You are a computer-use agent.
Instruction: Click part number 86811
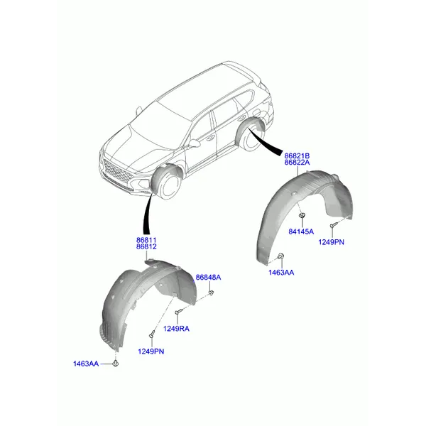146,240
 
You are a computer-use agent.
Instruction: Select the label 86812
146,246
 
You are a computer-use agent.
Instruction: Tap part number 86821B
297,156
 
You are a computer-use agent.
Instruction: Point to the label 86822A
297,163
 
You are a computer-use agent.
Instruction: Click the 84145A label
301,231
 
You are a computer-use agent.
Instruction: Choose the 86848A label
208,278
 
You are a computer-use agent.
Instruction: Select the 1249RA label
176,329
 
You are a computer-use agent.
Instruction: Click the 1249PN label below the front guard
151,351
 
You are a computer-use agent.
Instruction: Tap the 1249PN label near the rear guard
331,242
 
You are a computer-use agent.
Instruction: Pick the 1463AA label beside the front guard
86,364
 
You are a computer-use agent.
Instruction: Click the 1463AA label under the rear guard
281,273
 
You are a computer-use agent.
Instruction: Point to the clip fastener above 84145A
302,215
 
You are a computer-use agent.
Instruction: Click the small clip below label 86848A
211,293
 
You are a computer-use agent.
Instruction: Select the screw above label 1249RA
179,311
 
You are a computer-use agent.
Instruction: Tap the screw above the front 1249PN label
152,334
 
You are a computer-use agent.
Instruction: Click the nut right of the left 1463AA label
116,364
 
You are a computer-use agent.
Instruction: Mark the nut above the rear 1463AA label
281,256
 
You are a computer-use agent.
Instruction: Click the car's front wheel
167,184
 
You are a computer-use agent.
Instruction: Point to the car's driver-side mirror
195,143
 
